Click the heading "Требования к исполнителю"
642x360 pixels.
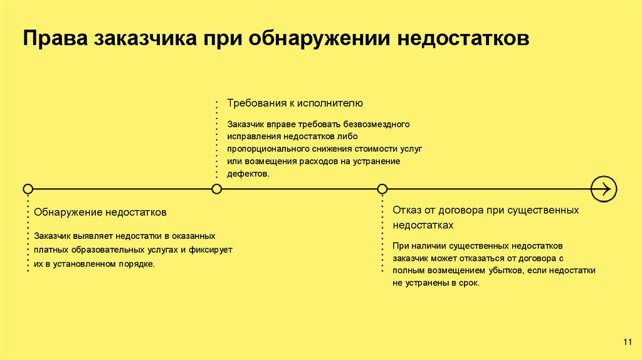(295, 103)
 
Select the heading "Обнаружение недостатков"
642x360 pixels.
(100, 213)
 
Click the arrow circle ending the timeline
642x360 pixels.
(604, 188)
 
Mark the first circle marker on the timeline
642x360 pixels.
(28, 189)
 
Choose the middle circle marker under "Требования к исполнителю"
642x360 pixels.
(216, 189)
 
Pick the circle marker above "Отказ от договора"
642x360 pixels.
(382, 189)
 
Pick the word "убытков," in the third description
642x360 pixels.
(504, 270)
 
